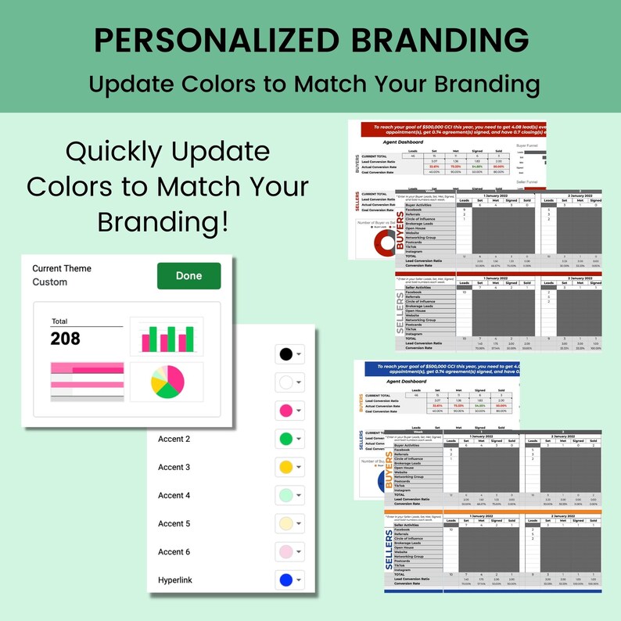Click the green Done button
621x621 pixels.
[x=188, y=276]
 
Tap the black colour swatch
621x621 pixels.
[x=286, y=354]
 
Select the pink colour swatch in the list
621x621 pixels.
[x=286, y=411]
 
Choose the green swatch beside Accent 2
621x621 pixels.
[x=286, y=439]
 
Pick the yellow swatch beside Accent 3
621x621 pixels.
[x=286, y=467]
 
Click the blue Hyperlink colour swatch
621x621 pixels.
[x=286, y=580]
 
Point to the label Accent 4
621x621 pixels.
[x=174, y=495]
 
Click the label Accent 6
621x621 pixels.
[x=174, y=551]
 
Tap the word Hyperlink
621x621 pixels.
[x=175, y=580]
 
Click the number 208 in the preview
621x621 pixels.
[x=65, y=339]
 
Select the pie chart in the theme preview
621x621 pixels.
[x=167, y=382]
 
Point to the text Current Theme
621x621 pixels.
[x=62, y=268]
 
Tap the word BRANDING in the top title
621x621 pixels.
[x=439, y=39]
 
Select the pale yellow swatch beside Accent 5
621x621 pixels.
[x=286, y=523]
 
